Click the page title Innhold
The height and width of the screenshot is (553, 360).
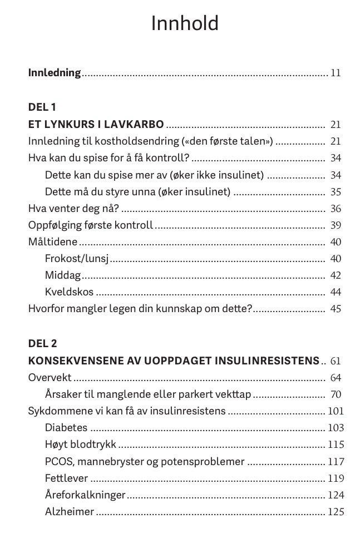pos(185,24)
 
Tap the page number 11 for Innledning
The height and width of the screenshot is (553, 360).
pos(335,73)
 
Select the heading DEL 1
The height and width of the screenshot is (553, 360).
pos(42,107)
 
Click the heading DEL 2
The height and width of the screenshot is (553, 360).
pos(42,344)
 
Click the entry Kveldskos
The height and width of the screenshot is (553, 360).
pos(69,292)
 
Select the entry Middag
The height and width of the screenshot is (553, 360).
pos(63,275)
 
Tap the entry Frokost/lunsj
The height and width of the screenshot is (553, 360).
pos(76,259)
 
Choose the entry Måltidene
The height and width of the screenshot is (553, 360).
pos(53,242)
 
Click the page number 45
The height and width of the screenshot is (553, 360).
pos(336,309)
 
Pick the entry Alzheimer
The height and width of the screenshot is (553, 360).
pos(69,512)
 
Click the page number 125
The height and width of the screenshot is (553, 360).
pos(336,512)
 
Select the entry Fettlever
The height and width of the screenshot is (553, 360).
pos(66,478)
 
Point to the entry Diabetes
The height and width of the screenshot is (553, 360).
pos(66,428)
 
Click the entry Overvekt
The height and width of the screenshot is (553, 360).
pos(50,378)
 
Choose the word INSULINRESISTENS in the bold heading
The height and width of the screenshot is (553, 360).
pos(263,361)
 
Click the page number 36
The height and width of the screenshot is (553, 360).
pos(336,209)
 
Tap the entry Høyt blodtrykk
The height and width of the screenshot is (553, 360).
pos(81,445)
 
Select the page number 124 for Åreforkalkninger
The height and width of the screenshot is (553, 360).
pos(336,495)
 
